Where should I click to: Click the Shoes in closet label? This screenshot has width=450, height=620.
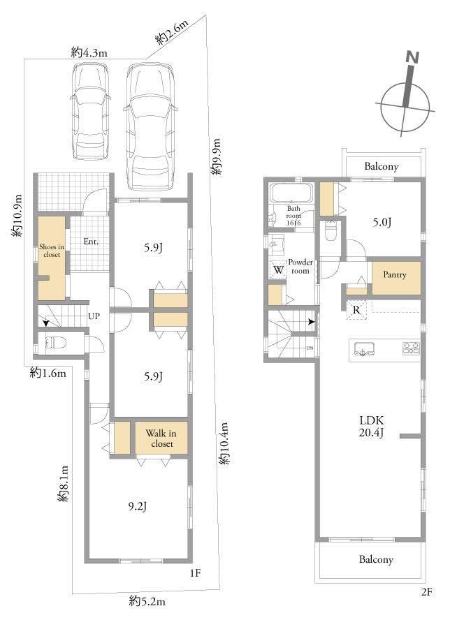(x=52, y=251)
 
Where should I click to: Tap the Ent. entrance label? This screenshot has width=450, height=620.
(x=91, y=241)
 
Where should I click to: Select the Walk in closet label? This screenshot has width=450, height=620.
(x=161, y=438)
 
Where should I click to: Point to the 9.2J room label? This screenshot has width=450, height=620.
(x=138, y=506)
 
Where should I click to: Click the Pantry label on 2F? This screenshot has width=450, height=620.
(x=395, y=275)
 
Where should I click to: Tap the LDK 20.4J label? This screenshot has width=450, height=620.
(x=371, y=426)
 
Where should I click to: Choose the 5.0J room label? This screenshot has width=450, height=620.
(x=382, y=222)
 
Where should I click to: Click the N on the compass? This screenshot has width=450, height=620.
(x=412, y=57)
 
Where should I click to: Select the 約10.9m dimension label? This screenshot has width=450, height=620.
(x=17, y=216)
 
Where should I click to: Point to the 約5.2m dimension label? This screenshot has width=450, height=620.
(x=147, y=603)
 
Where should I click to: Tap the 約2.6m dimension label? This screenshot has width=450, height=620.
(x=171, y=32)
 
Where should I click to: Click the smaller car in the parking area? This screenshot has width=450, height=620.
(x=89, y=112)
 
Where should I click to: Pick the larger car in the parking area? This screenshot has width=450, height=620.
(x=150, y=126)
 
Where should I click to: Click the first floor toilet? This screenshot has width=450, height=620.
(x=55, y=342)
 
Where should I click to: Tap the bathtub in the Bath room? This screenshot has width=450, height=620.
(x=291, y=193)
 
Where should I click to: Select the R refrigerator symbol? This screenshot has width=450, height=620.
(x=356, y=310)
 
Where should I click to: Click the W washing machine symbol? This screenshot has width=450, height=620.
(x=278, y=270)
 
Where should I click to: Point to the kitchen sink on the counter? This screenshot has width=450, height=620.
(x=364, y=349)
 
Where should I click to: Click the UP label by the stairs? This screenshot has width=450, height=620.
(x=94, y=316)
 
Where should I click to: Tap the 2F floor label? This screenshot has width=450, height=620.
(x=427, y=592)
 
